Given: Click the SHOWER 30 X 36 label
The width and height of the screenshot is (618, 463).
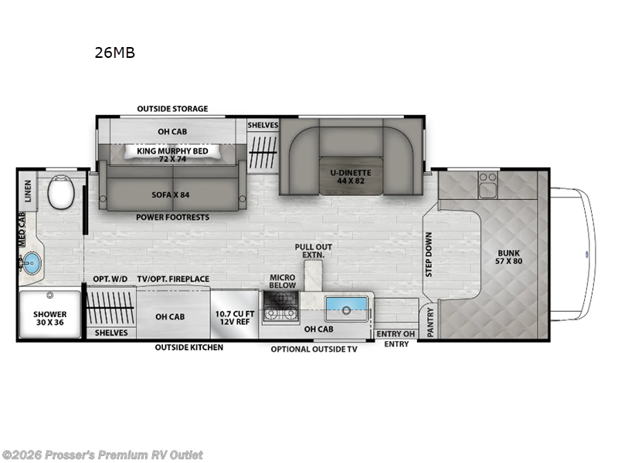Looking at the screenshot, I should click(49, 319).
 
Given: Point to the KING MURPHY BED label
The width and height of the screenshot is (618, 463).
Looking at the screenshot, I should click(173, 151).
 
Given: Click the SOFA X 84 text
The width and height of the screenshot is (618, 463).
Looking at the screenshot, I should click(171, 194).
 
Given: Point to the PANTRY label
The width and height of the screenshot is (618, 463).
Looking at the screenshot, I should click(430, 323).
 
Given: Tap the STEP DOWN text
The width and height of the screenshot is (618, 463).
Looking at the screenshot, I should click(430, 254).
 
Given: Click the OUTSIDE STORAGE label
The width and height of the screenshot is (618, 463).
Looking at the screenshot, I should click(171, 109).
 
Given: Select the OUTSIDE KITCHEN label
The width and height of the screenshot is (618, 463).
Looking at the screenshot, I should click(188, 347).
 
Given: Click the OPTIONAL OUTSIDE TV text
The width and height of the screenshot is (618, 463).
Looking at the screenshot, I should click(314, 349).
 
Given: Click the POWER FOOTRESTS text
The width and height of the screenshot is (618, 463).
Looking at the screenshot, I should click(172, 218).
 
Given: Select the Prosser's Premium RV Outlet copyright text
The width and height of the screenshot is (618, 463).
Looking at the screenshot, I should click(102, 455).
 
